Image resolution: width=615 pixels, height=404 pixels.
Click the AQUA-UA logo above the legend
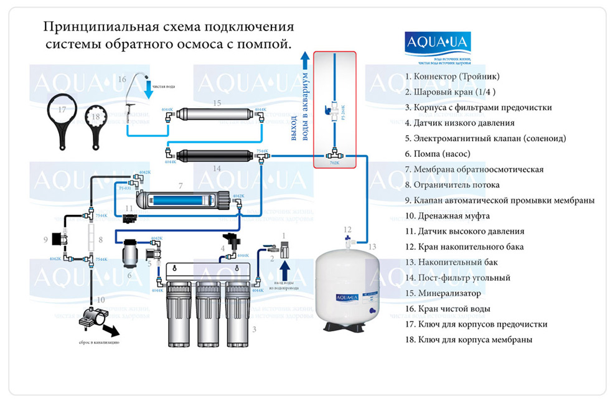coord(438,43)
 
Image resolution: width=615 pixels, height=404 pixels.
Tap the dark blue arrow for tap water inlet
coord(284,271)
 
